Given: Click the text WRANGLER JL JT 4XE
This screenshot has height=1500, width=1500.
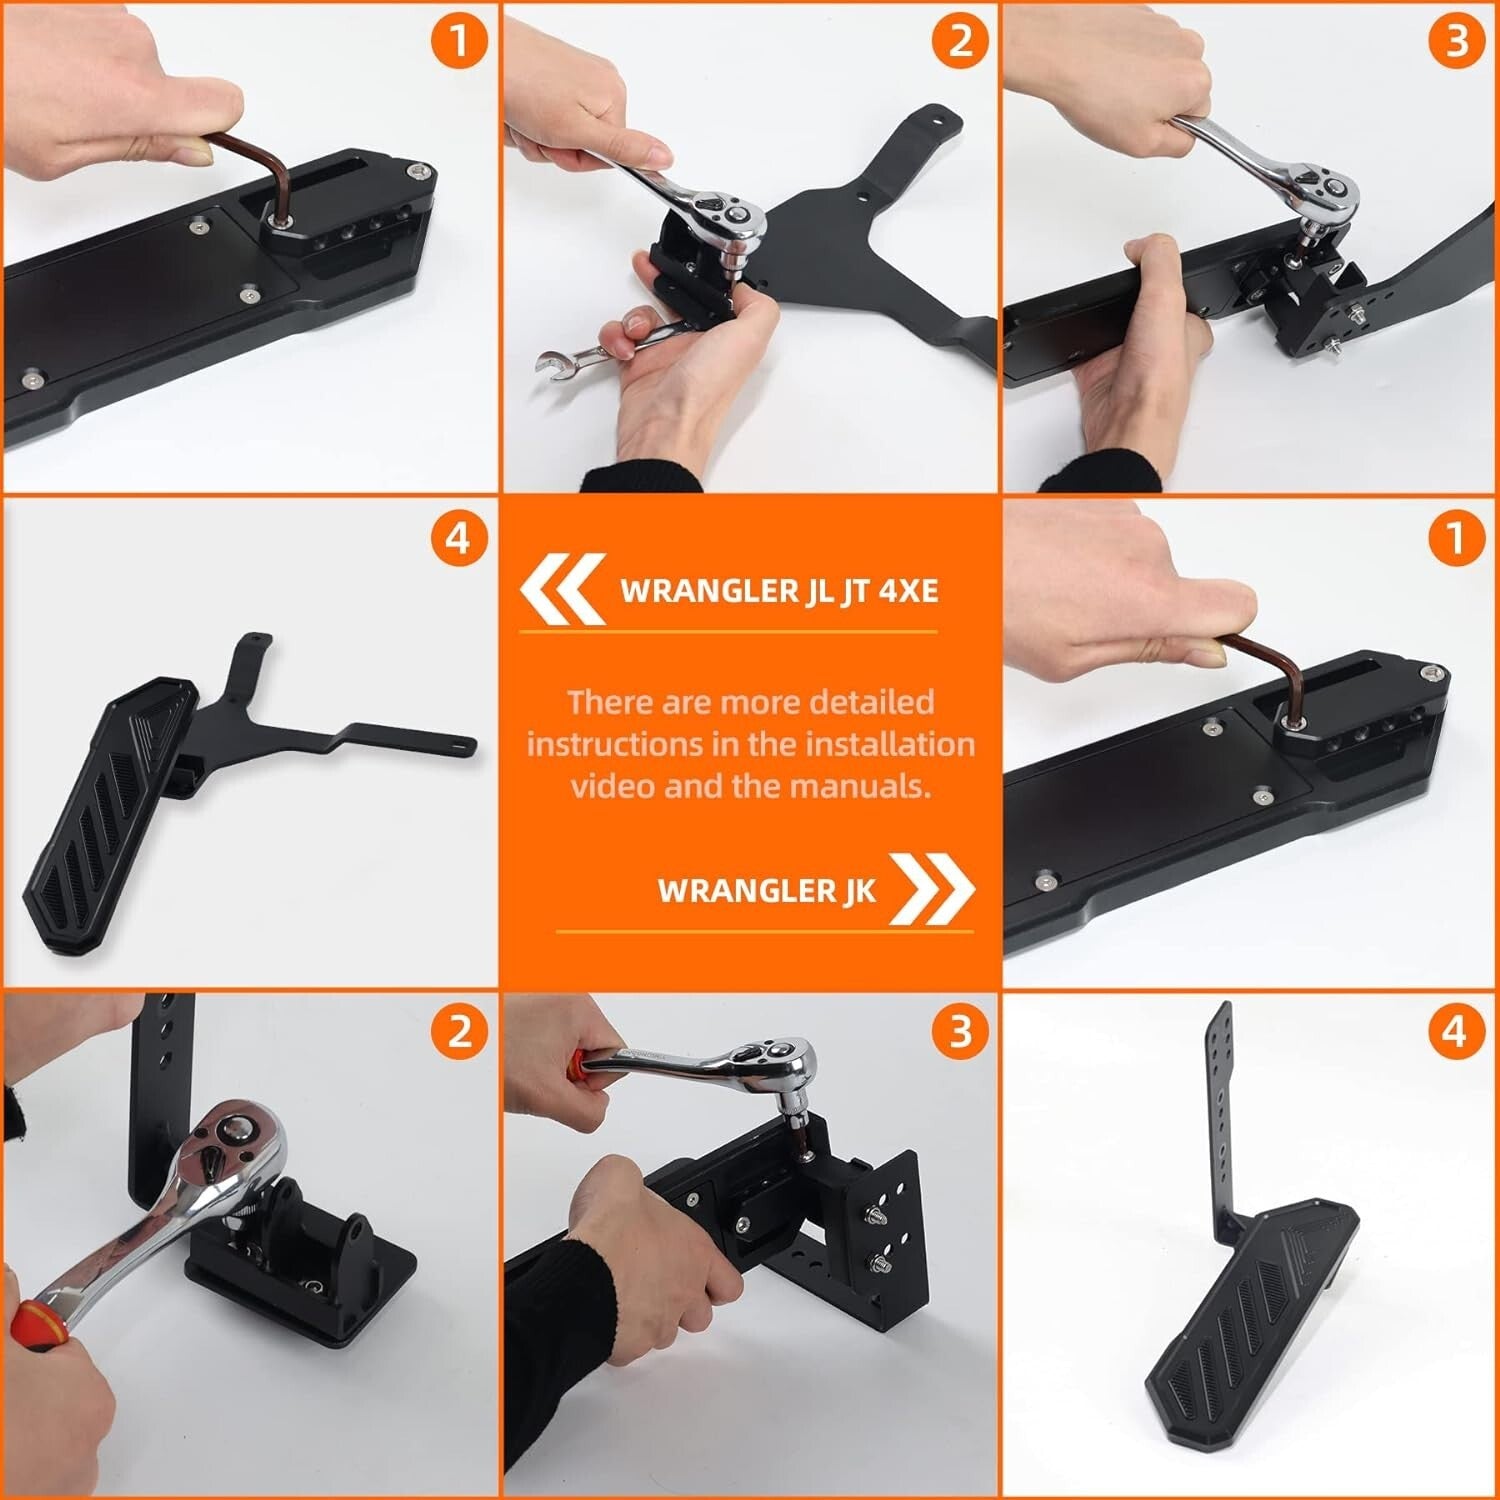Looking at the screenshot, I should tap(779, 590).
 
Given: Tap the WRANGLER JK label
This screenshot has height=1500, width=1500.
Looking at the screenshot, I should tap(766, 891).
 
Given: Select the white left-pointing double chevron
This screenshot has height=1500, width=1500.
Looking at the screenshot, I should tap(562, 589).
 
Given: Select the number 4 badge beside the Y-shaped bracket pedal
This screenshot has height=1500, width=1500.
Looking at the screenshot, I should tap(457, 539).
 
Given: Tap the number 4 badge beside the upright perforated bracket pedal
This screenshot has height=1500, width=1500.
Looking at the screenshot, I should tap(1455, 1031).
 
